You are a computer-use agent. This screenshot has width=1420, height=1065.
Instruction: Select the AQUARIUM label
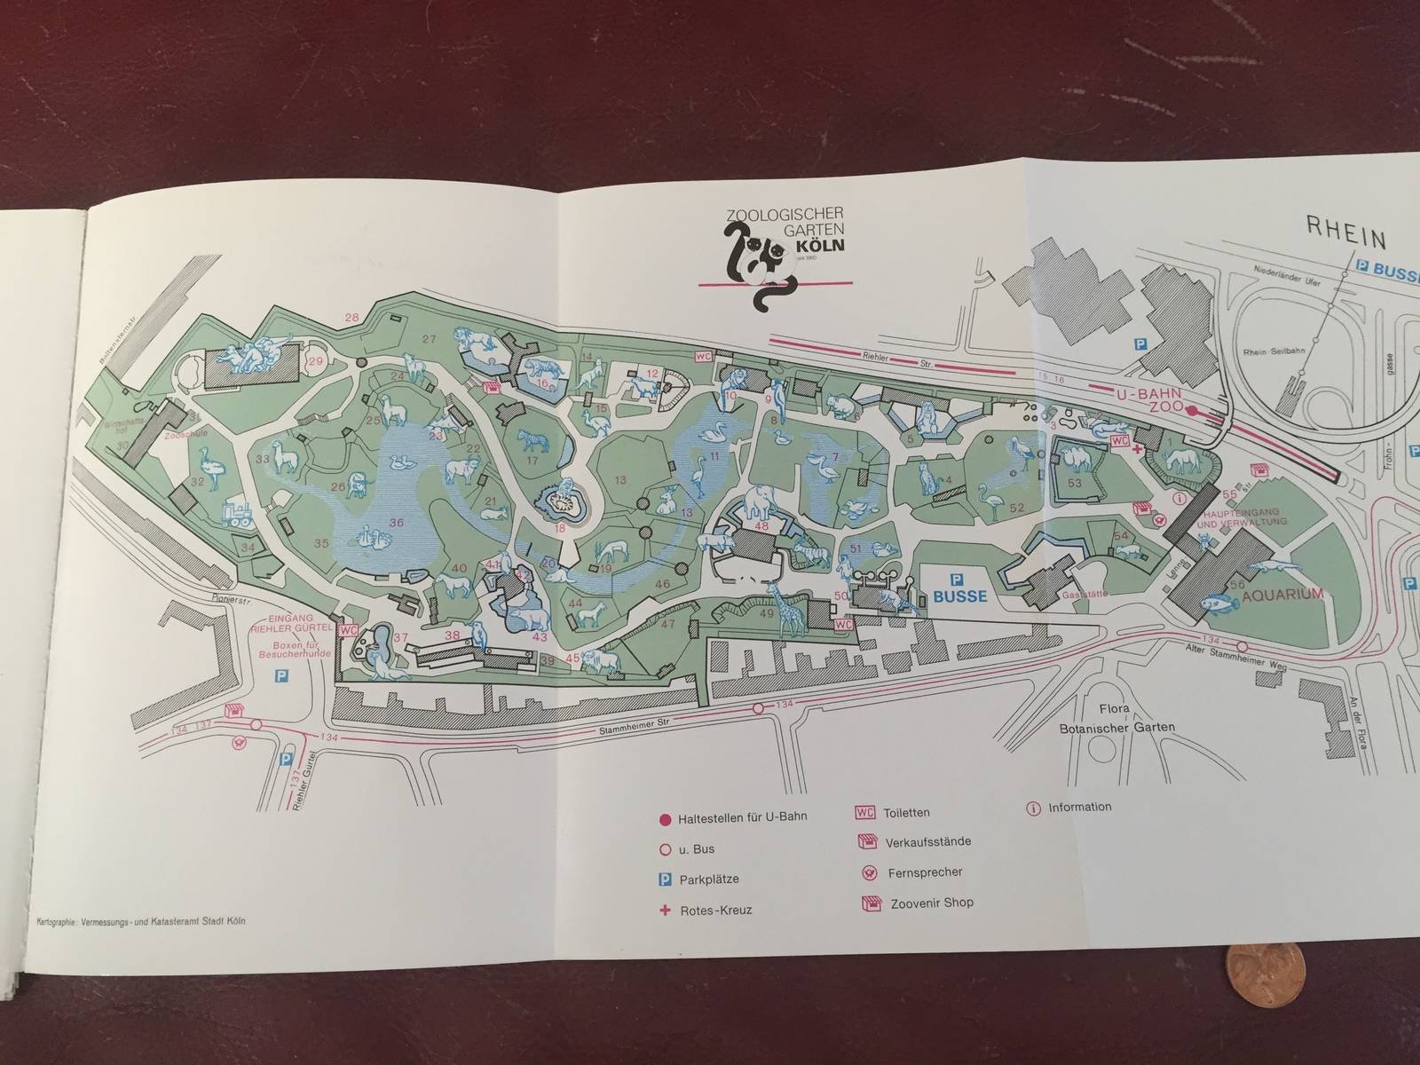[x=1283, y=594]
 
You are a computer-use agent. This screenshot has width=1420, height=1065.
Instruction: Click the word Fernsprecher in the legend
[x=925, y=872]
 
